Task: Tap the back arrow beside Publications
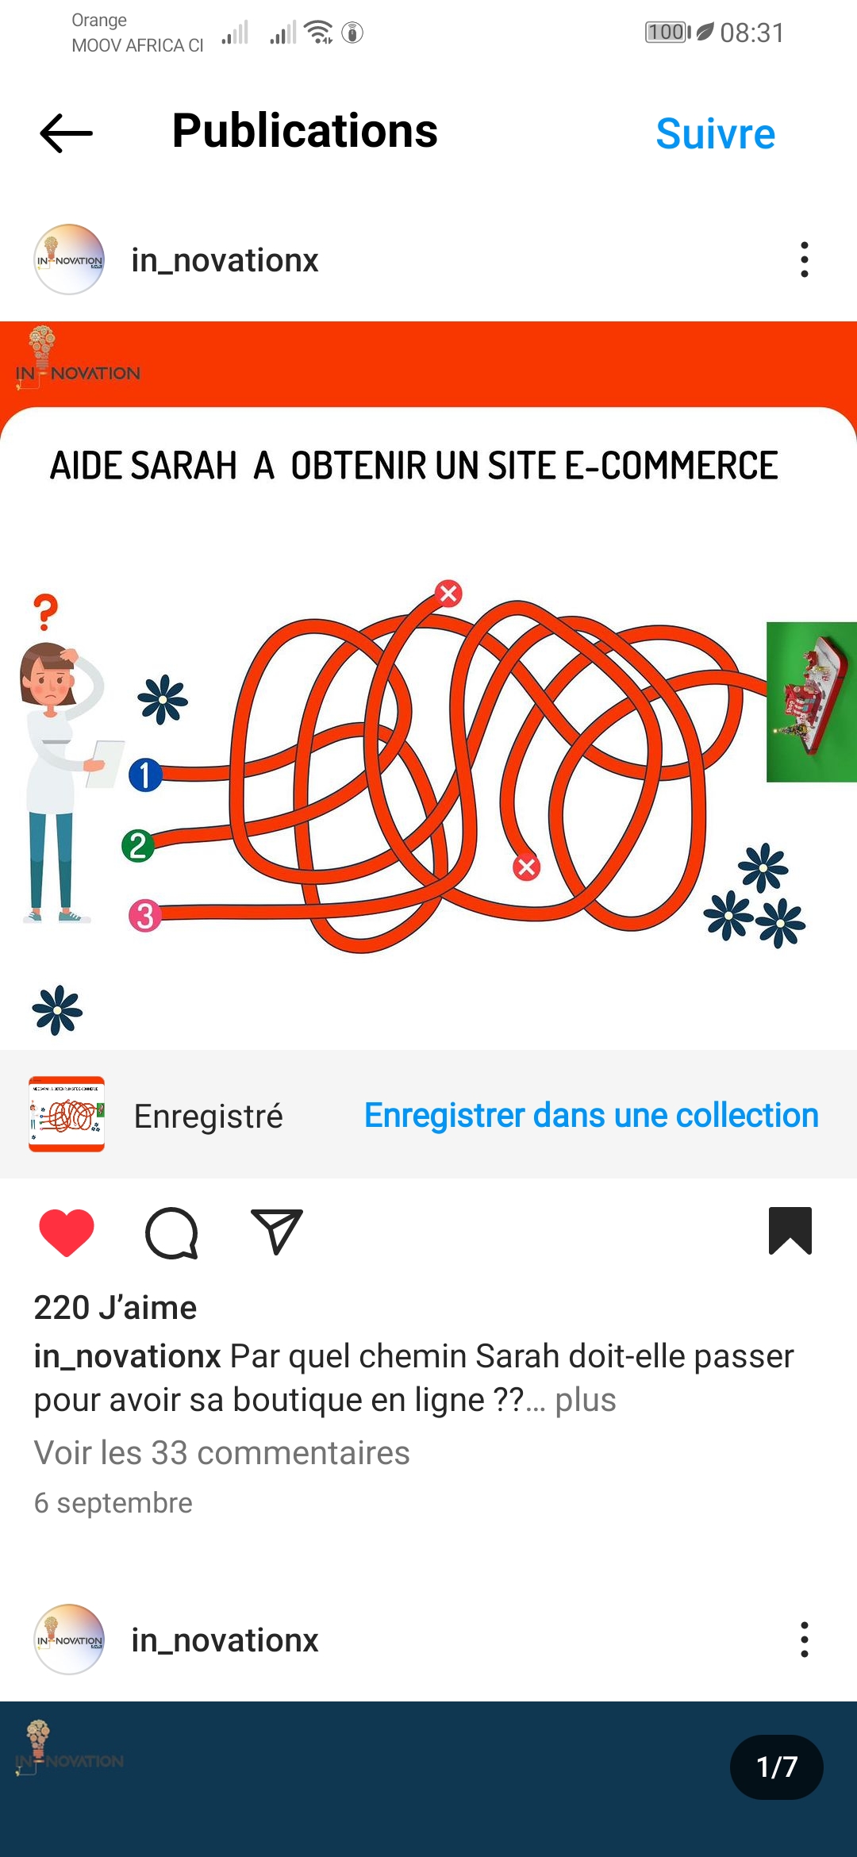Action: click(x=67, y=133)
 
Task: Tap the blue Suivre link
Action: click(x=715, y=133)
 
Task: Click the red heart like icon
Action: click(x=67, y=1232)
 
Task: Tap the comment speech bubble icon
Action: click(x=171, y=1233)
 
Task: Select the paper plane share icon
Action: click(x=276, y=1232)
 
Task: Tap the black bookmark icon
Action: click(x=790, y=1231)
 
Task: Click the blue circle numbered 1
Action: click(x=145, y=775)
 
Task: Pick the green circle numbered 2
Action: click(x=138, y=846)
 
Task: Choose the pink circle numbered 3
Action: click(x=145, y=916)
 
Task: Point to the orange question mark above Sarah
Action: click(x=46, y=612)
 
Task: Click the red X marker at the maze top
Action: click(x=449, y=593)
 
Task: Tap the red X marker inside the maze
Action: click(x=526, y=867)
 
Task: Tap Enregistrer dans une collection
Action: click(x=591, y=1115)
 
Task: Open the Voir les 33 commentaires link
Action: click(x=221, y=1452)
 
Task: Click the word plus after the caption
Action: click(x=586, y=1400)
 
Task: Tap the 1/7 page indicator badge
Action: click(x=776, y=1767)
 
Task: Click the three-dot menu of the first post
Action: click(x=805, y=260)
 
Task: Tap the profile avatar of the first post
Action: click(x=69, y=260)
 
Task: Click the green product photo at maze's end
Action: click(x=812, y=702)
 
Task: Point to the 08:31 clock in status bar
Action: click(x=752, y=33)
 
